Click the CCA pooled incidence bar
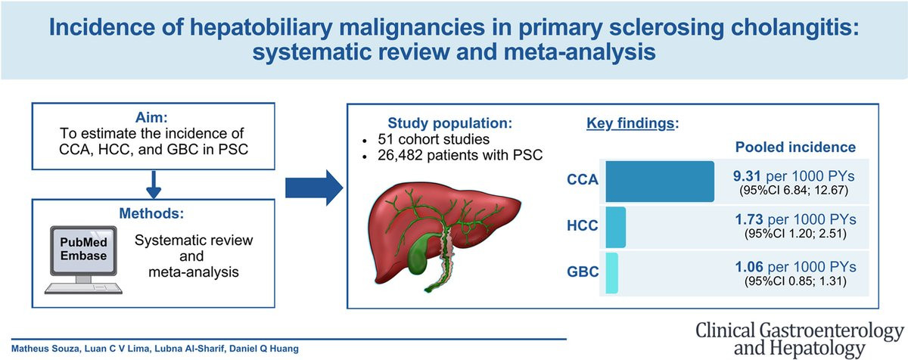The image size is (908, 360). coord(660,182)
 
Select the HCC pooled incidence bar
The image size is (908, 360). coord(616,227)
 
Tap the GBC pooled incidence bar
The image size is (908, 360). coord(611,273)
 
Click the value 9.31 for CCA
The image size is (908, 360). coord(747,176)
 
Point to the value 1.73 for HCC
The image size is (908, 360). coord(749,219)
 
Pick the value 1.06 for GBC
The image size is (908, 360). coord(749,267)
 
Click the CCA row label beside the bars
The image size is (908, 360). coord(583,179)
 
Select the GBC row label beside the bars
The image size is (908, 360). coord(583,272)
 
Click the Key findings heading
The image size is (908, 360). coord(633,123)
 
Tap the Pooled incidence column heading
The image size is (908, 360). coord(795,147)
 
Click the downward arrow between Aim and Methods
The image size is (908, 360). coord(154,185)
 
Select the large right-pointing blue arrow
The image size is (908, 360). coord(314,188)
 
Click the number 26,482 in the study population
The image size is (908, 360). coord(400,156)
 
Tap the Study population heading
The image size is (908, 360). coord(450,123)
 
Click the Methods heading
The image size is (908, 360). coord(151,213)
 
